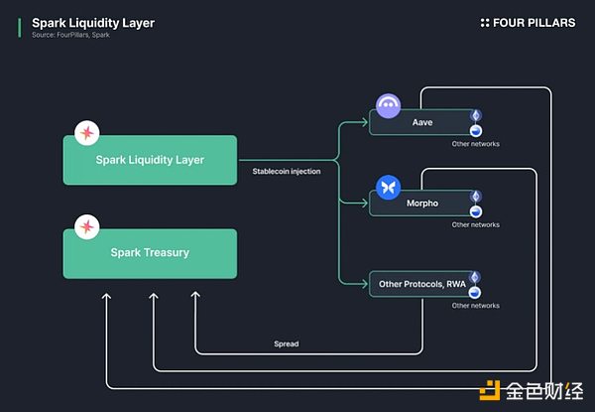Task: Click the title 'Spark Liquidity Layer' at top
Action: point(93,22)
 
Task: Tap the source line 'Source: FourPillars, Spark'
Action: point(72,36)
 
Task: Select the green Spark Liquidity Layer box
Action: point(150,159)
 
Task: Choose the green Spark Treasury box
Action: point(150,253)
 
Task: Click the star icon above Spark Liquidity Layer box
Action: point(87,133)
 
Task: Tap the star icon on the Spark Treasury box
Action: point(87,227)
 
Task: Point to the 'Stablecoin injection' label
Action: point(287,172)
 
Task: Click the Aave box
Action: point(421,123)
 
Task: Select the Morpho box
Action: point(421,204)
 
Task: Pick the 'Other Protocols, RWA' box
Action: point(421,285)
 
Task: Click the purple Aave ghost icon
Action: point(388,106)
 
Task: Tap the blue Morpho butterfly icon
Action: point(388,187)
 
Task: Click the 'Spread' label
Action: point(286,344)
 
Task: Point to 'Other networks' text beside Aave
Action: point(475,144)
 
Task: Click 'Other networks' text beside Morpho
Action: point(475,224)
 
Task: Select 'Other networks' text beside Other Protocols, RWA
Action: point(475,306)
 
